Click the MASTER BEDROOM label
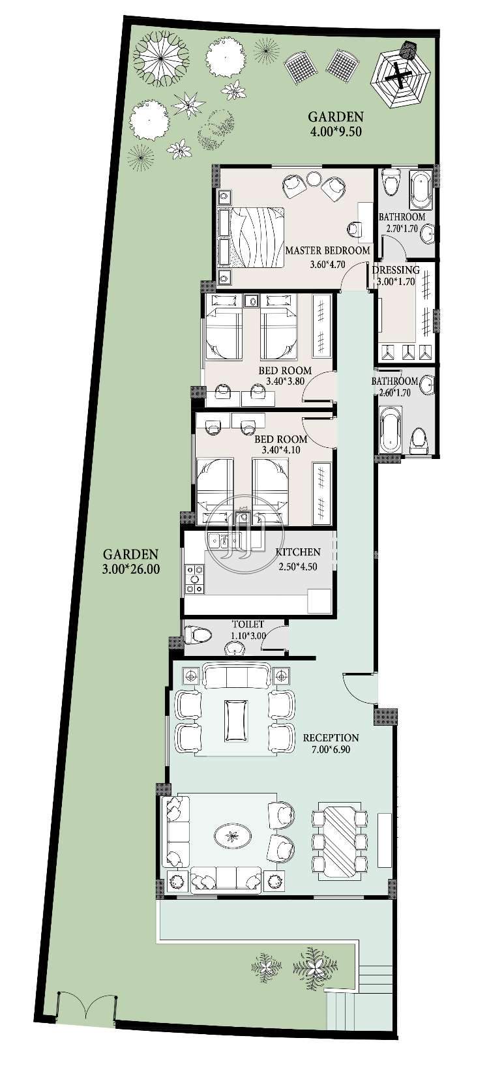click(327, 250)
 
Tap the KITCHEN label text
click(299, 552)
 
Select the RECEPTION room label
click(331, 738)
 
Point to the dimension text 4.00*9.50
click(335, 132)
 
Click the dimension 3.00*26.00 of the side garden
click(130, 569)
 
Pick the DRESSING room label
click(396, 270)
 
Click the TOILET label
click(248, 624)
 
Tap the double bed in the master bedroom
click(250, 237)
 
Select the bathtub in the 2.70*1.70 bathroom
click(421, 190)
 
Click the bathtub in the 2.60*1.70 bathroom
click(392, 428)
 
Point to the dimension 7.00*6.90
click(331, 750)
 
